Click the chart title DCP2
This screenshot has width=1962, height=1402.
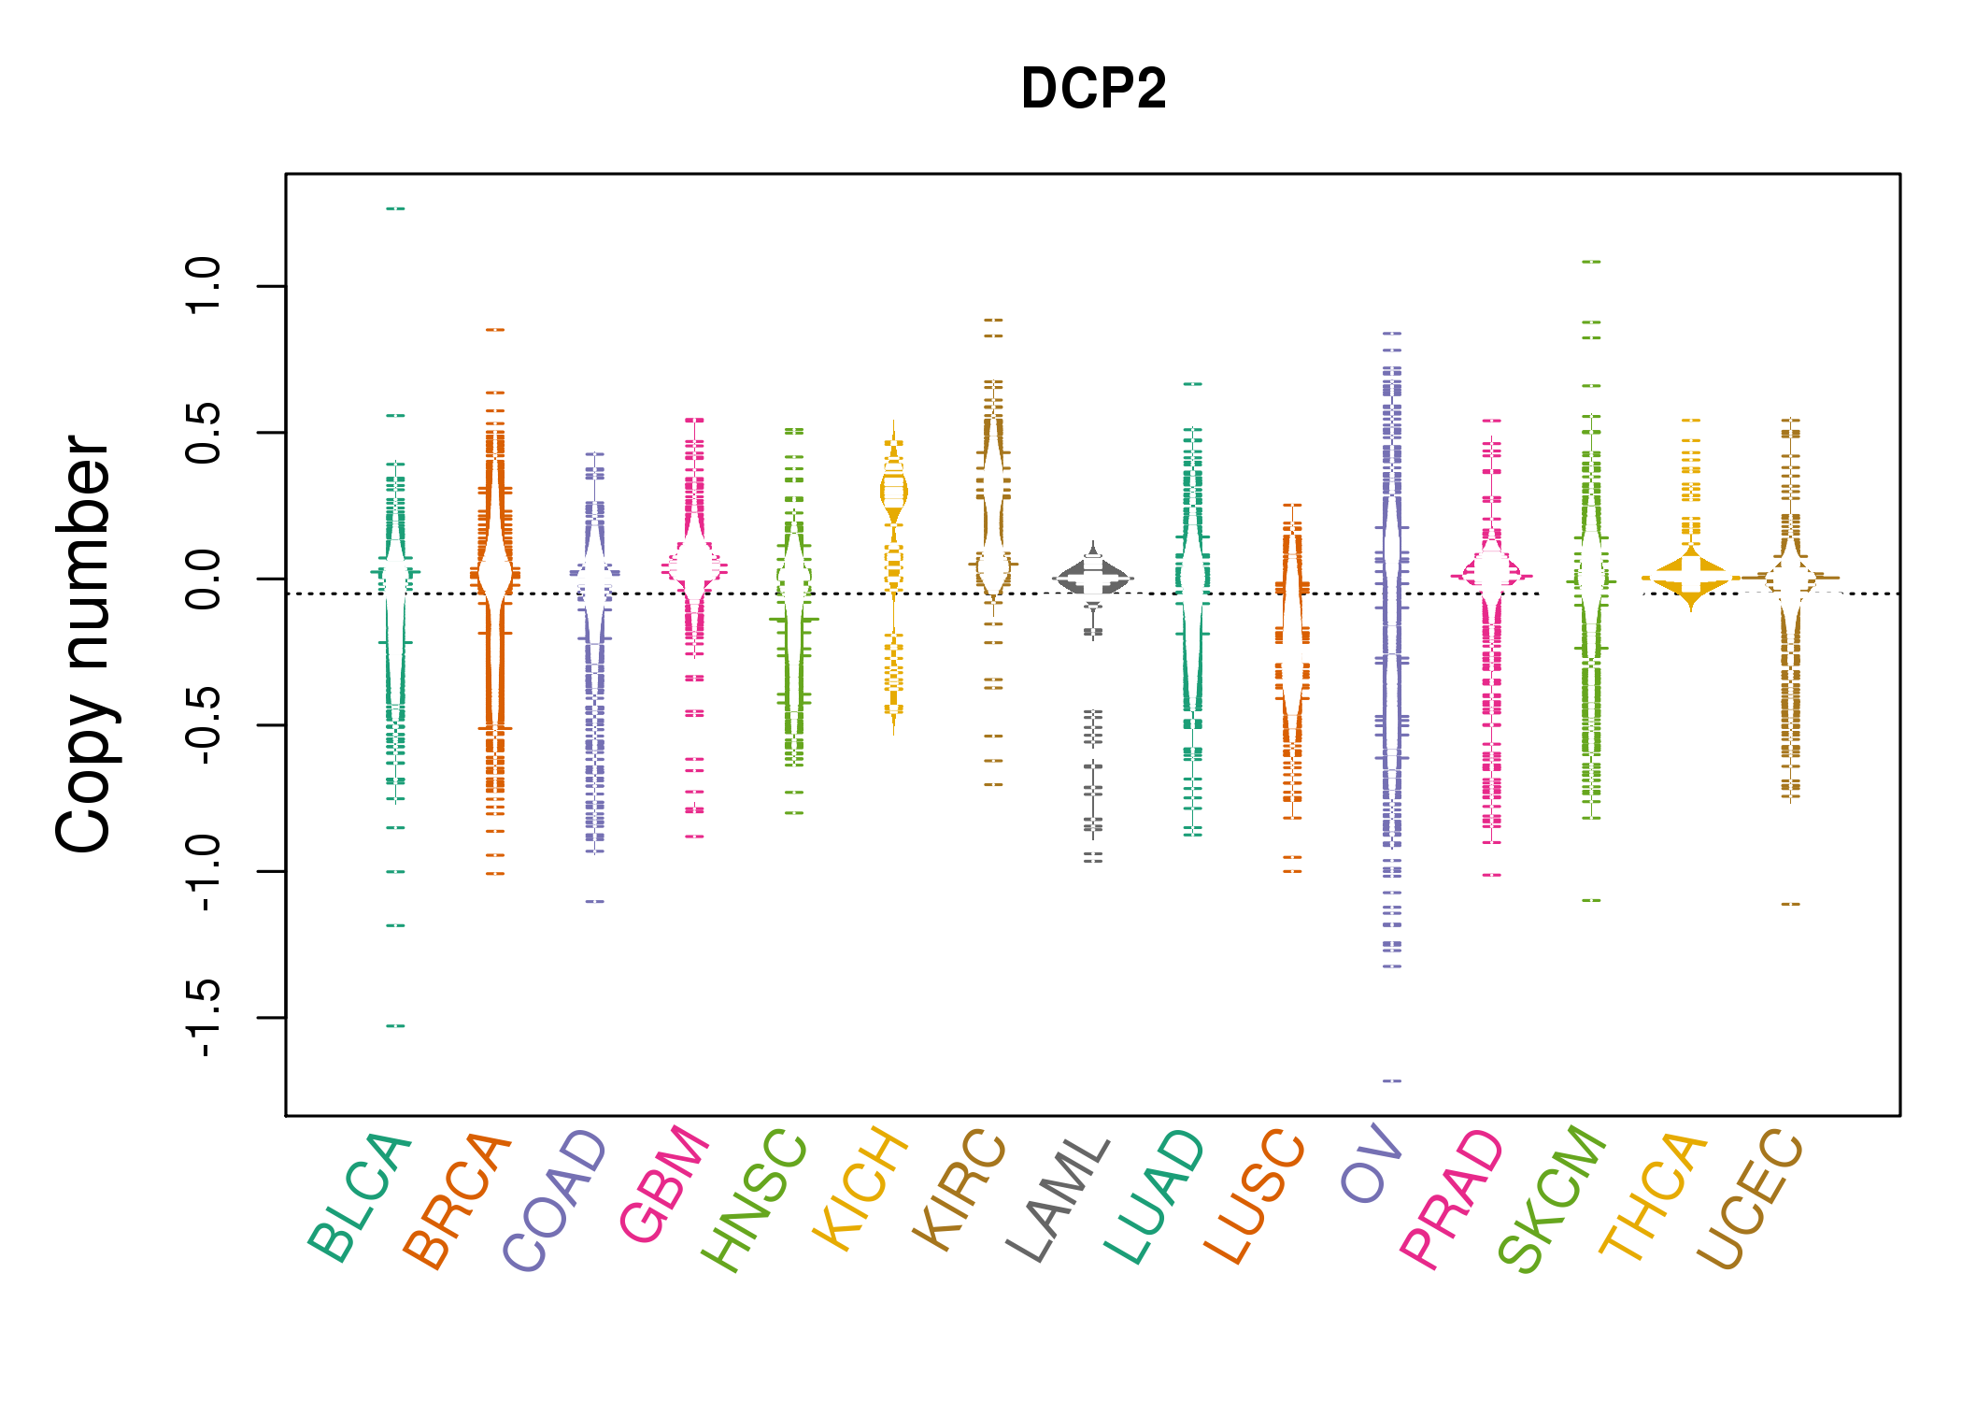[x=1093, y=89]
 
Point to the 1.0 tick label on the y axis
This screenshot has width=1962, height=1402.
[x=203, y=286]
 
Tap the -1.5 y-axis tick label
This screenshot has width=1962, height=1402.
[x=203, y=1018]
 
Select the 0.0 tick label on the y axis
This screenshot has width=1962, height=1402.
[x=203, y=579]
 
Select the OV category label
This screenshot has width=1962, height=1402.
[x=1371, y=1165]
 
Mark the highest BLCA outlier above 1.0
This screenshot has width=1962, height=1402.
[x=395, y=208]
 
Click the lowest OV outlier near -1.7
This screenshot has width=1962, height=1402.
[x=1392, y=1080]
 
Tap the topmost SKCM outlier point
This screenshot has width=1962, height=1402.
[x=1591, y=262]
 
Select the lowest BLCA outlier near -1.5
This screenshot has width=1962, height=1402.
[x=395, y=1026]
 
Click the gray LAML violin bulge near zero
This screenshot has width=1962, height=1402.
[x=1093, y=578]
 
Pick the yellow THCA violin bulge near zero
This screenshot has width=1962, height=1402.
[x=1691, y=579]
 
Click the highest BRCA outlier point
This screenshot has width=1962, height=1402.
[x=495, y=329]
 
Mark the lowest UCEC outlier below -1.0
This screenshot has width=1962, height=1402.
[x=1790, y=904]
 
